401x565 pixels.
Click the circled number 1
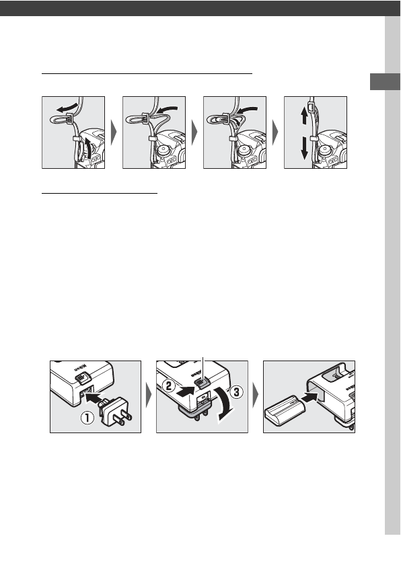pos(87,418)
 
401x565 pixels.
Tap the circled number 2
pos(169,386)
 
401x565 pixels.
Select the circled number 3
pos(236,392)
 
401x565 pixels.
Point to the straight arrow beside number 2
pos(186,391)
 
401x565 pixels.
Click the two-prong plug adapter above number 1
pos(114,411)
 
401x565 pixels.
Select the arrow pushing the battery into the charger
pos(309,398)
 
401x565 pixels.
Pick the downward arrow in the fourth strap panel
pos(304,147)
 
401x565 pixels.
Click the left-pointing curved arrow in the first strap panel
pos(69,107)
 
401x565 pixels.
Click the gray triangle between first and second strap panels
pos(114,133)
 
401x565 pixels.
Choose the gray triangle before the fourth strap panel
pos(275,133)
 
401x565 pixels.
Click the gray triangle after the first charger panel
pos(149,396)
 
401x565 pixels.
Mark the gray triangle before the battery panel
pos(256,396)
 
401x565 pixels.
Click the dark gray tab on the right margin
pos(385,81)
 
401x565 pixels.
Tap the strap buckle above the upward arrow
pos(311,107)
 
